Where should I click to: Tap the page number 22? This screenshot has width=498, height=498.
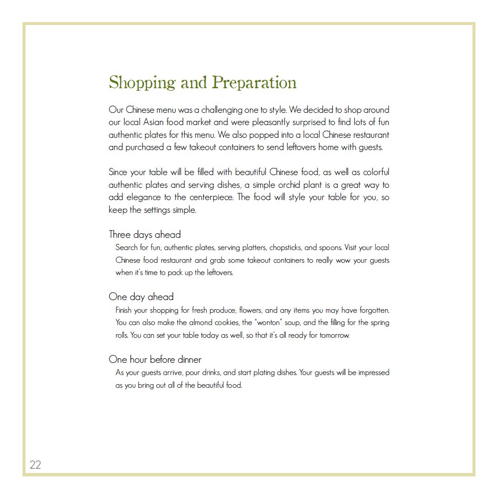click(35, 465)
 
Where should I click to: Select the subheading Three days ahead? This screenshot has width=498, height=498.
click(145, 234)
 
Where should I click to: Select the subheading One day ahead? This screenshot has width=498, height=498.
click(141, 297)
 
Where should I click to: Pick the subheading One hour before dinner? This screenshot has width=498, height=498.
click(155, 359)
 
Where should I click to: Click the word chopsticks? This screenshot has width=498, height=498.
click(285, 248)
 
